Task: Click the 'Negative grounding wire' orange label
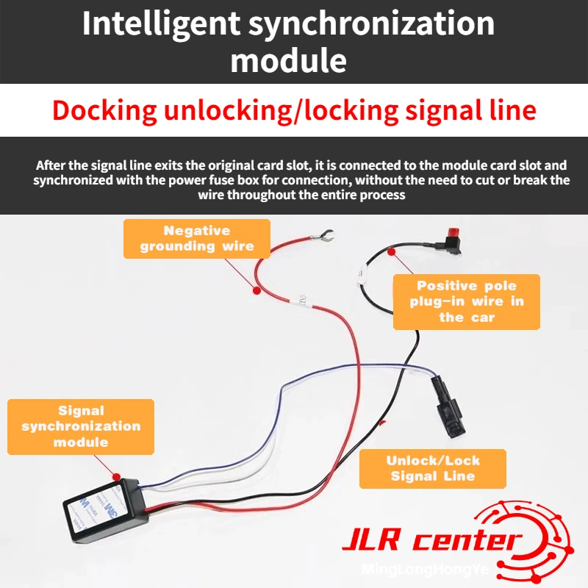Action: click(x=197, y=239)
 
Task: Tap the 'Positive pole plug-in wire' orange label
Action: click(x=467, y=302)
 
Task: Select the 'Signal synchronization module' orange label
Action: click(x=81, y=427)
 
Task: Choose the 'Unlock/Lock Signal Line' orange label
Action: click(x=433, y=469)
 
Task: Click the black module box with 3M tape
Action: click(x=105, y=510)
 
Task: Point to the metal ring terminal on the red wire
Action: click(x=323, y=235)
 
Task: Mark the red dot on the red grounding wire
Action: click(x=257, y=290)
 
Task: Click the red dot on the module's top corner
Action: click(x=117, y=477)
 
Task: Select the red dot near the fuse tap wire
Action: click(x=391, y=252)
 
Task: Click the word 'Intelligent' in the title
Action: click(x=161, y=25)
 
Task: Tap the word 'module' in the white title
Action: click(x=288, y=61)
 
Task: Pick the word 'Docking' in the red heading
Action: click(x=104, y=111)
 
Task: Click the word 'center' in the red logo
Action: click(x=467, y=540)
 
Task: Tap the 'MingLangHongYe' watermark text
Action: click(x=426, y=569)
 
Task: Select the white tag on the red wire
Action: click(x=303, y=300)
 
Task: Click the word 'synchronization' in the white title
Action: click(x=372, y=25)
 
